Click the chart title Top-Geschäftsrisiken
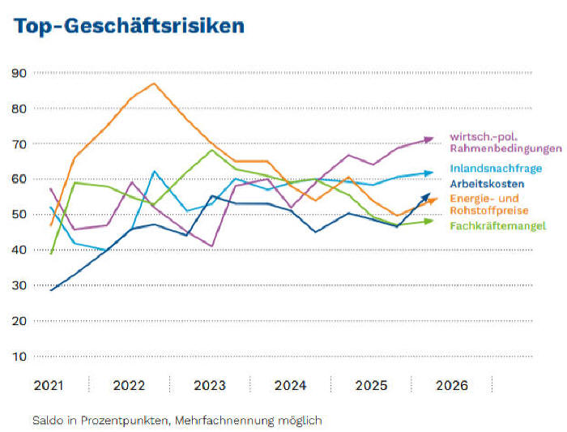coord(129,26)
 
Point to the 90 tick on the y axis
coord(20,73)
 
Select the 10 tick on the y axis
coord(20,356)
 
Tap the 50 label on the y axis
coord(20,214)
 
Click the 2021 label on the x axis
coord(48,386)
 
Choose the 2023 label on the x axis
coord(210,386)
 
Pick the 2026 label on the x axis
coord(452,386)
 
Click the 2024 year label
coord(290,386)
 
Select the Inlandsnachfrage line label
coord(495,169)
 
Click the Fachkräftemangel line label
coord(497,225)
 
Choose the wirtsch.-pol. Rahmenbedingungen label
coord(505,143)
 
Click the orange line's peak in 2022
coord(154,83)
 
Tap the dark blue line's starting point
coord(52,289)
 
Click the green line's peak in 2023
coord(212,150)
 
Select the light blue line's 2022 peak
coord(154,171)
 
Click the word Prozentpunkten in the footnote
coord(120,421)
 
